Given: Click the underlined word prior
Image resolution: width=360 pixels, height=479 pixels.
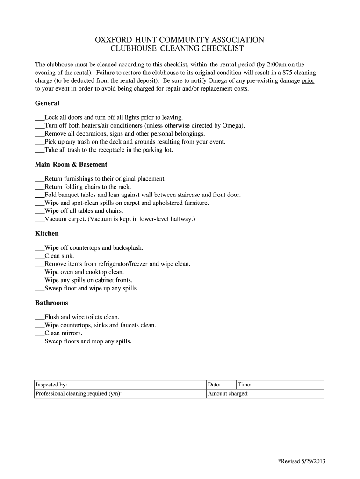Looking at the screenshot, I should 308,80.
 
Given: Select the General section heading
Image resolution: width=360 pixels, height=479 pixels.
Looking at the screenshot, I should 47,103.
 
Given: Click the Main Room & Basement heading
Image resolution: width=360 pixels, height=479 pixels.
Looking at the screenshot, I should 71,164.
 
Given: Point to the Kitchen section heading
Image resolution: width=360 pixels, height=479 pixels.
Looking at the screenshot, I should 47,233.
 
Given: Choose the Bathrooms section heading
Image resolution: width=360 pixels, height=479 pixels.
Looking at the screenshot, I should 51,302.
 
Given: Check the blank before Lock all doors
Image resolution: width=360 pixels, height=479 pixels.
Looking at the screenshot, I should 40,118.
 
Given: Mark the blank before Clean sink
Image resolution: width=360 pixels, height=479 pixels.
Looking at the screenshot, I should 40,256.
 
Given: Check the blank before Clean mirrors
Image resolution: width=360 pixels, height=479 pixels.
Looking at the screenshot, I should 40,333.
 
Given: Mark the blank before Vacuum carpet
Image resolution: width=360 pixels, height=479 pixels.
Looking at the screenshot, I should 40,218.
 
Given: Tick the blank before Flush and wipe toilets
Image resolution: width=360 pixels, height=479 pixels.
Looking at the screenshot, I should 40,317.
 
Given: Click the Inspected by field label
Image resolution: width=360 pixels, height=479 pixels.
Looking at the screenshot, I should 52,385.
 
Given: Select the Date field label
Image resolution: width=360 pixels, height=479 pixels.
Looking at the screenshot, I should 214,385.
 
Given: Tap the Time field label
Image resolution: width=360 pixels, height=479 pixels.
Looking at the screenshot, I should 245,385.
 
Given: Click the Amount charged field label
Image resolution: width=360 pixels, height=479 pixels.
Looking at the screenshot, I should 228,393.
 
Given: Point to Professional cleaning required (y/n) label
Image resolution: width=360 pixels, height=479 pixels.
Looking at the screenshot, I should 79,393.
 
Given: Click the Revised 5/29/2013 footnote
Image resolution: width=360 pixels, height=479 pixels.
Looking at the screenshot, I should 301,461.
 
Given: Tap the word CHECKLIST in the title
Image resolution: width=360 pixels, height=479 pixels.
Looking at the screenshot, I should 220,48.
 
